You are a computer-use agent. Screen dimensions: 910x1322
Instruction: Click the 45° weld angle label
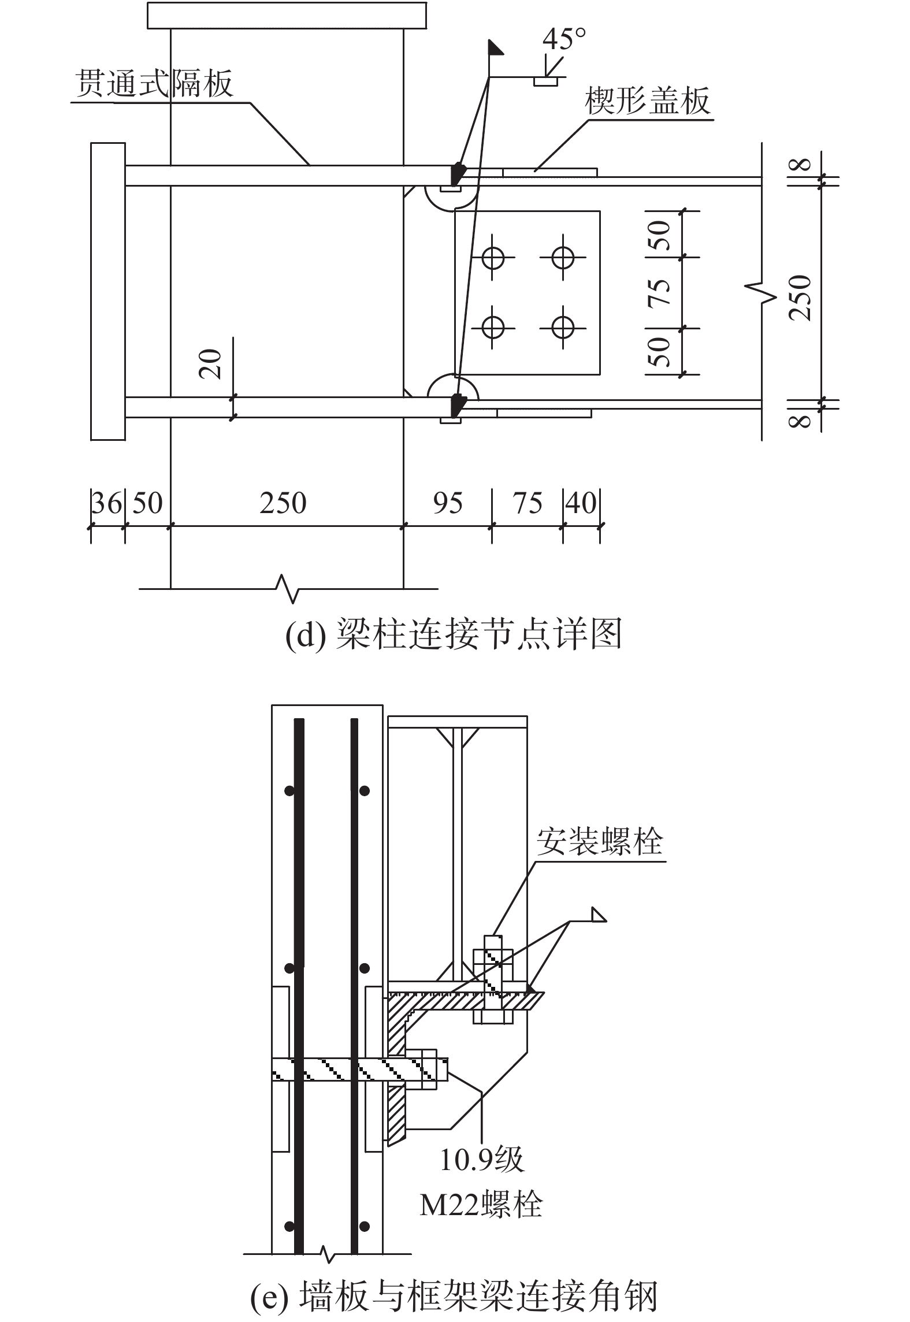564,39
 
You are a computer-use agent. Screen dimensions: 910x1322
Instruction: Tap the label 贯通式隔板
154,83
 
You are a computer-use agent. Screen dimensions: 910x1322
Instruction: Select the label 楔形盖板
648,101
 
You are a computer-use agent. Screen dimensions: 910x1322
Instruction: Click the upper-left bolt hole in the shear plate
493,258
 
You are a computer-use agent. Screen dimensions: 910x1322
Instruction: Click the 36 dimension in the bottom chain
107,503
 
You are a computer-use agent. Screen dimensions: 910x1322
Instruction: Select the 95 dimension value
448,503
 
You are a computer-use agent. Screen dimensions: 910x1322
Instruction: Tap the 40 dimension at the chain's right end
581,503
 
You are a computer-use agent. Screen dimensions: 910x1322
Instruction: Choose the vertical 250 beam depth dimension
801,298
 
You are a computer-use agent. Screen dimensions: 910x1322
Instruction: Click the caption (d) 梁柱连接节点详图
454,634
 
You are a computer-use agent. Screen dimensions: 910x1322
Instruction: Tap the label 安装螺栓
600,842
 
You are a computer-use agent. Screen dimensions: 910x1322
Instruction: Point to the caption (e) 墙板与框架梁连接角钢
454,1297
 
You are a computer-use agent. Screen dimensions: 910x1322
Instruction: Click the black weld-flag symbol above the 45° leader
496,47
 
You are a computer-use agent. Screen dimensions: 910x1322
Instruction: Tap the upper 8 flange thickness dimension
800,165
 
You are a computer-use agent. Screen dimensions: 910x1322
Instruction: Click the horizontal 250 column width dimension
283,503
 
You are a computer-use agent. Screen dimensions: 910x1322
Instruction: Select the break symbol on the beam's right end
762,292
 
